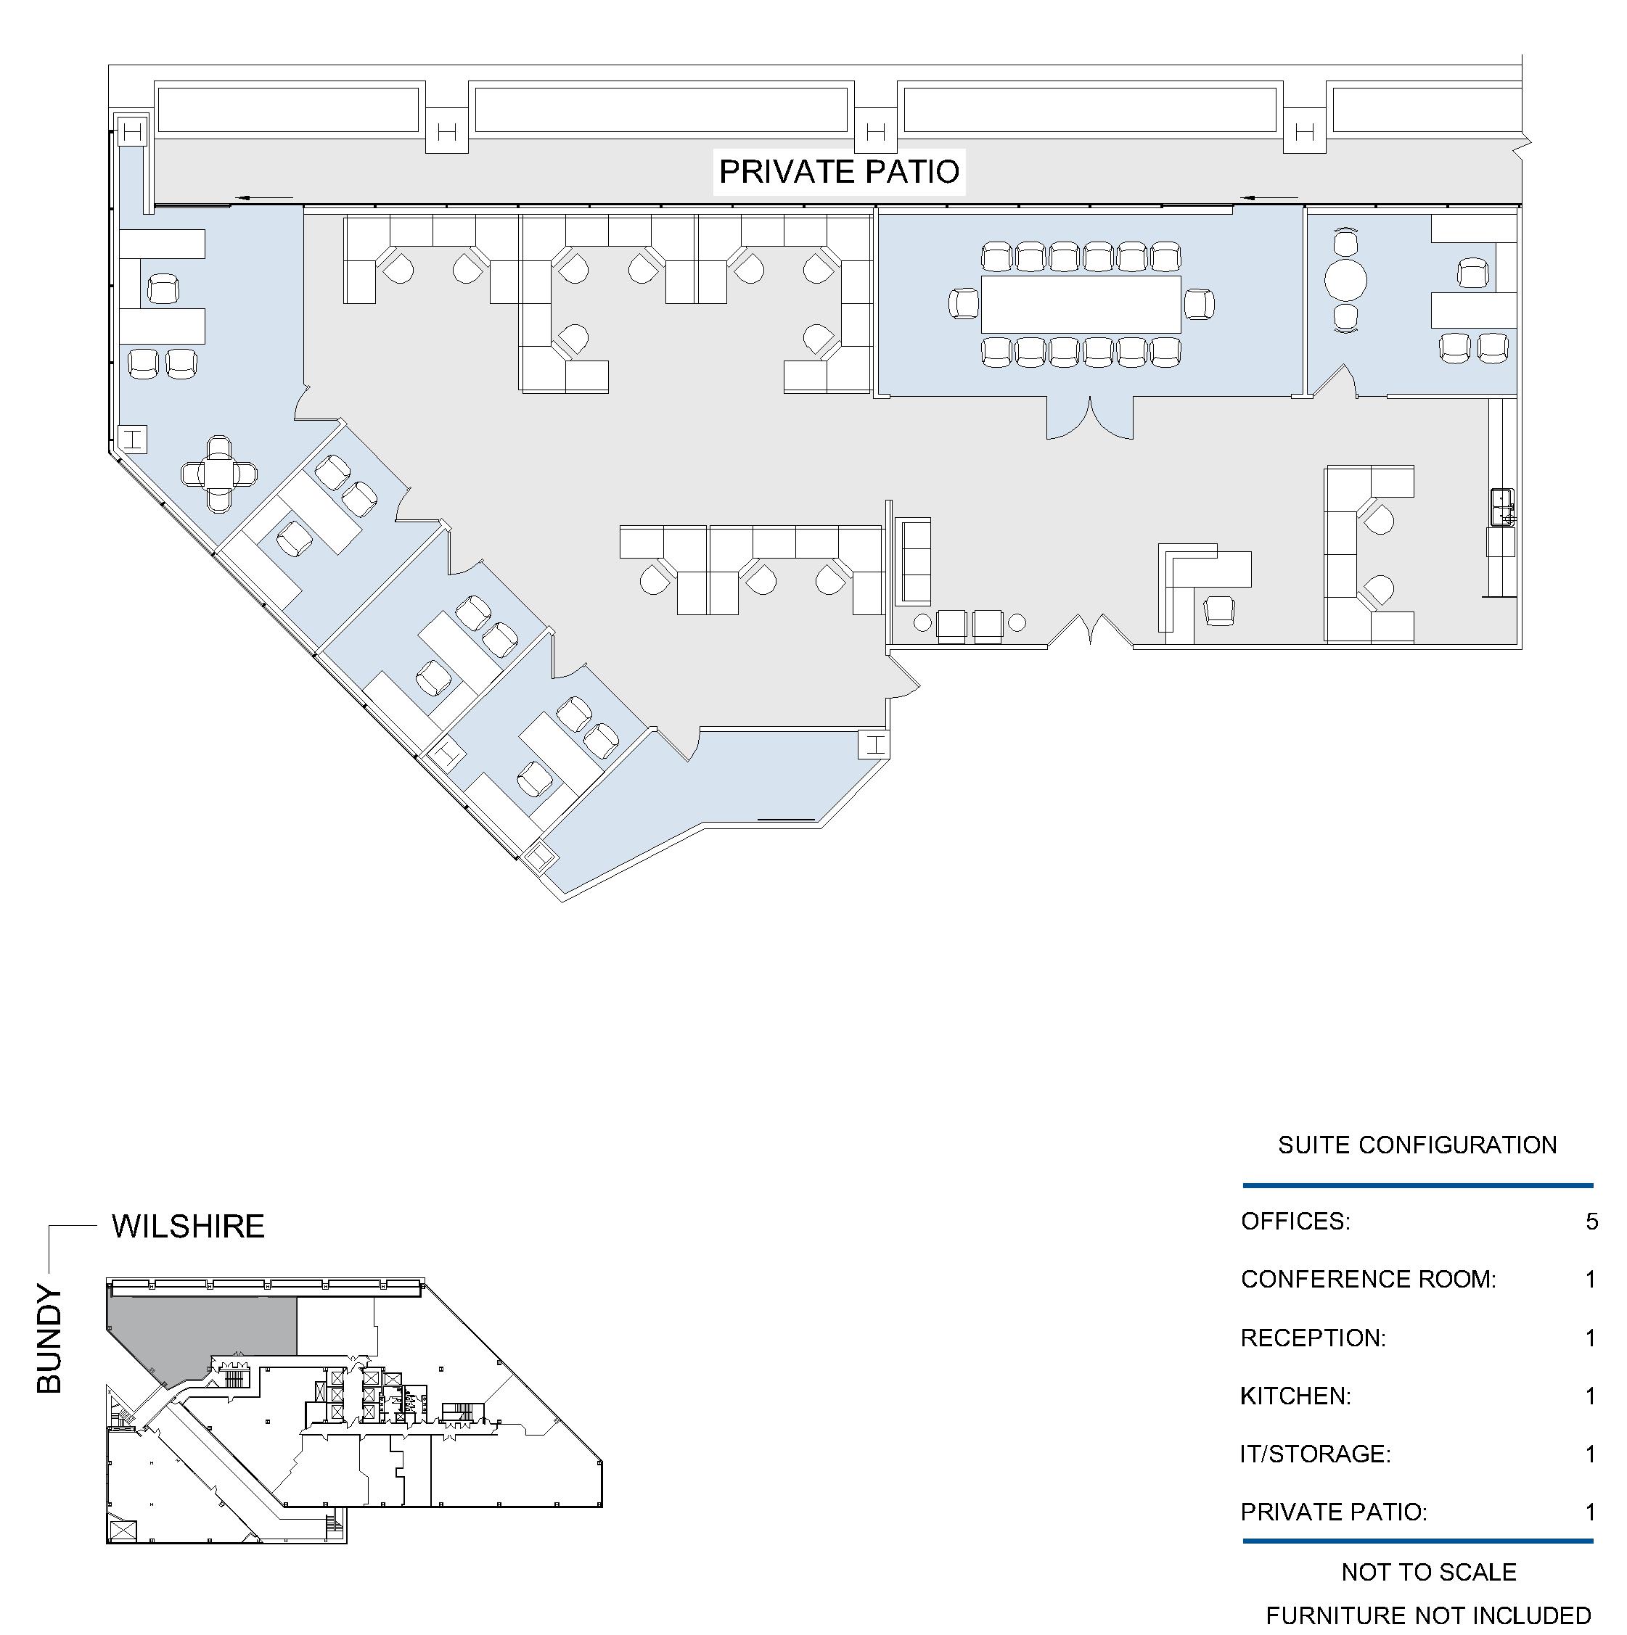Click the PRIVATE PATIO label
click(839, 172)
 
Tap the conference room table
click(1081, 304)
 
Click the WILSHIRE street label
click(188, 1226)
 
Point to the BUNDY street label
click(50, 1340)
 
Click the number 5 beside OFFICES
click(1592, 1222)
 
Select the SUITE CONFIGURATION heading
click(1417, 1145)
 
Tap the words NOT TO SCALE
click(1429, 1571)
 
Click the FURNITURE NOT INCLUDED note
click(1429, 1615)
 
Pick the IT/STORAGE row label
click(1316, 1454)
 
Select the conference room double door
click(1089, 417)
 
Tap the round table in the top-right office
click(1345, 280)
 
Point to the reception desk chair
click(1219, 609)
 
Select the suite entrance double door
click(1089, 631)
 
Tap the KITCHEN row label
click(1295, 1396)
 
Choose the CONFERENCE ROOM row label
click(1368, 1279)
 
